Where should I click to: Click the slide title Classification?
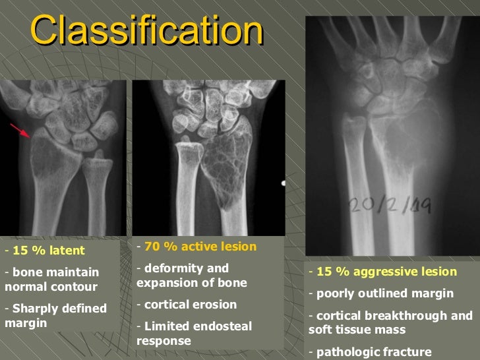point(146,30)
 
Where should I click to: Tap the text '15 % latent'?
point(49,251)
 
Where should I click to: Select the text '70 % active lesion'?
point(200,247)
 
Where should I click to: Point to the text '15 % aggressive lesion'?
point(386,272)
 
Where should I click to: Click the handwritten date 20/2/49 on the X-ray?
point(389,206)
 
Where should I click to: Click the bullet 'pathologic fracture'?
point(373,351)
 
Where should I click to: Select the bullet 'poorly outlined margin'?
point(385,293)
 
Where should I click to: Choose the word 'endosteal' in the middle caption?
point(212,326)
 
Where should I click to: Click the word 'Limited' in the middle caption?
point(164,326)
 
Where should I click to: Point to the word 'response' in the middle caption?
point(164,341)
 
